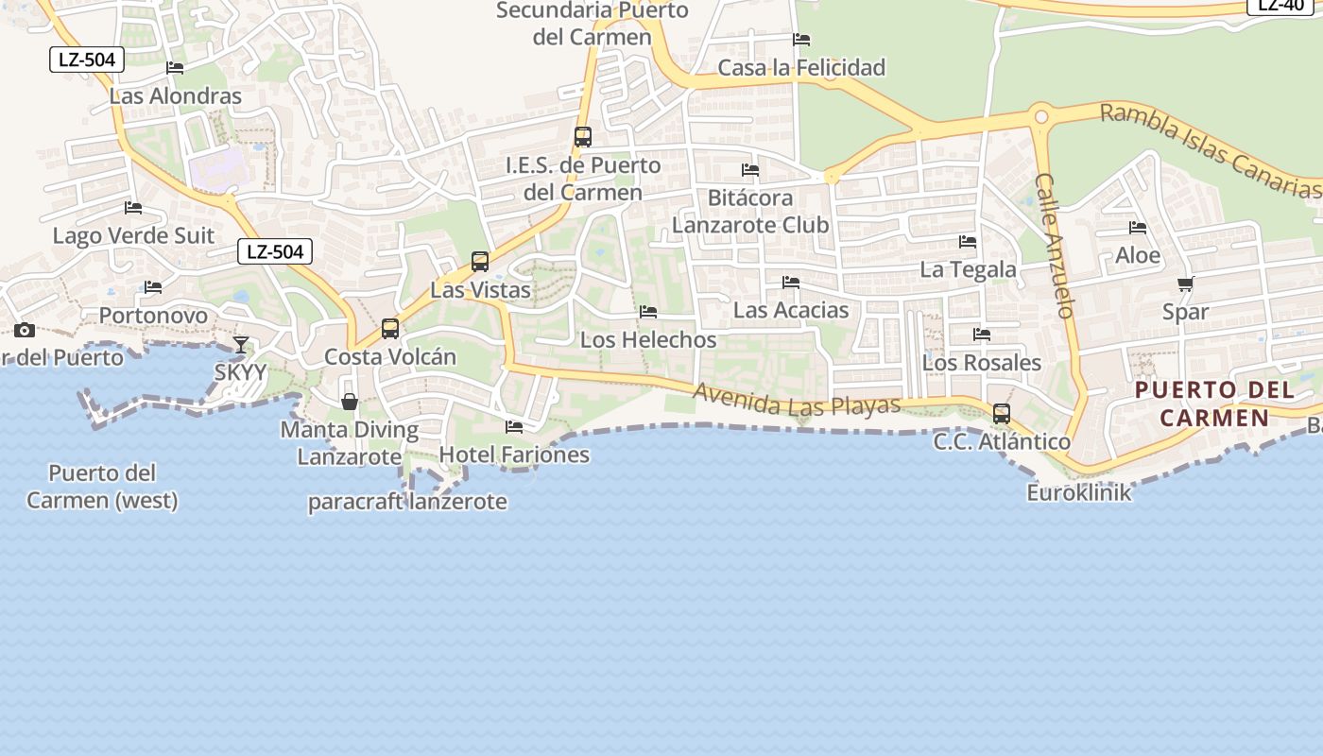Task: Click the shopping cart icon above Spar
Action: (x=1185, y=283)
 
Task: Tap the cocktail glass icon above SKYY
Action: (x=241, y=345)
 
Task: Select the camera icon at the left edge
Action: (x=25, y=330)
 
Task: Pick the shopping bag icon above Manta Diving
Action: (x=350, y=402)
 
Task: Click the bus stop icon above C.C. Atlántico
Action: (x=1001, y=414)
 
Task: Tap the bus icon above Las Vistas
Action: (x=480, y=262)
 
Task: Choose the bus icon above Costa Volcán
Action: (x=390, y=329)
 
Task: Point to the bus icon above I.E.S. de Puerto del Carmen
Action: (x=583, y=137)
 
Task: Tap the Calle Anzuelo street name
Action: (x=1056, y=245)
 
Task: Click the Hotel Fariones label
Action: (x=514, y=455)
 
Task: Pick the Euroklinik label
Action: (x=1078, y=492)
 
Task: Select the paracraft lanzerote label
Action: (x=407, y=502)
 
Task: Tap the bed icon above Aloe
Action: (x=1138, y=228)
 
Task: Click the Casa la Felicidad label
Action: (x=801, y=68)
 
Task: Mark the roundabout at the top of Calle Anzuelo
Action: (x=1041, y=117)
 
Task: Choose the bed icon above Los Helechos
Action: (x=648, y=312)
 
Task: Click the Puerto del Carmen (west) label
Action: (x=102, y=487)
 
